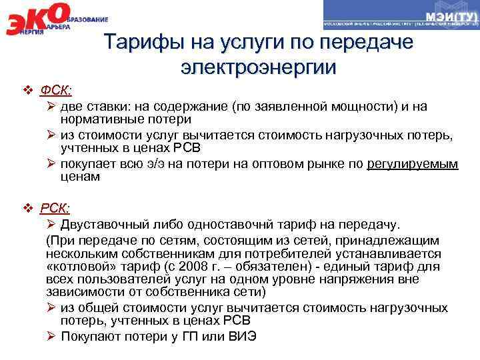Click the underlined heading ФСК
[57, 90]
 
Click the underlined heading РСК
[57, 208]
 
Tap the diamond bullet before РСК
[27, 209]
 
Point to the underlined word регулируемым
[413, 164]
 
